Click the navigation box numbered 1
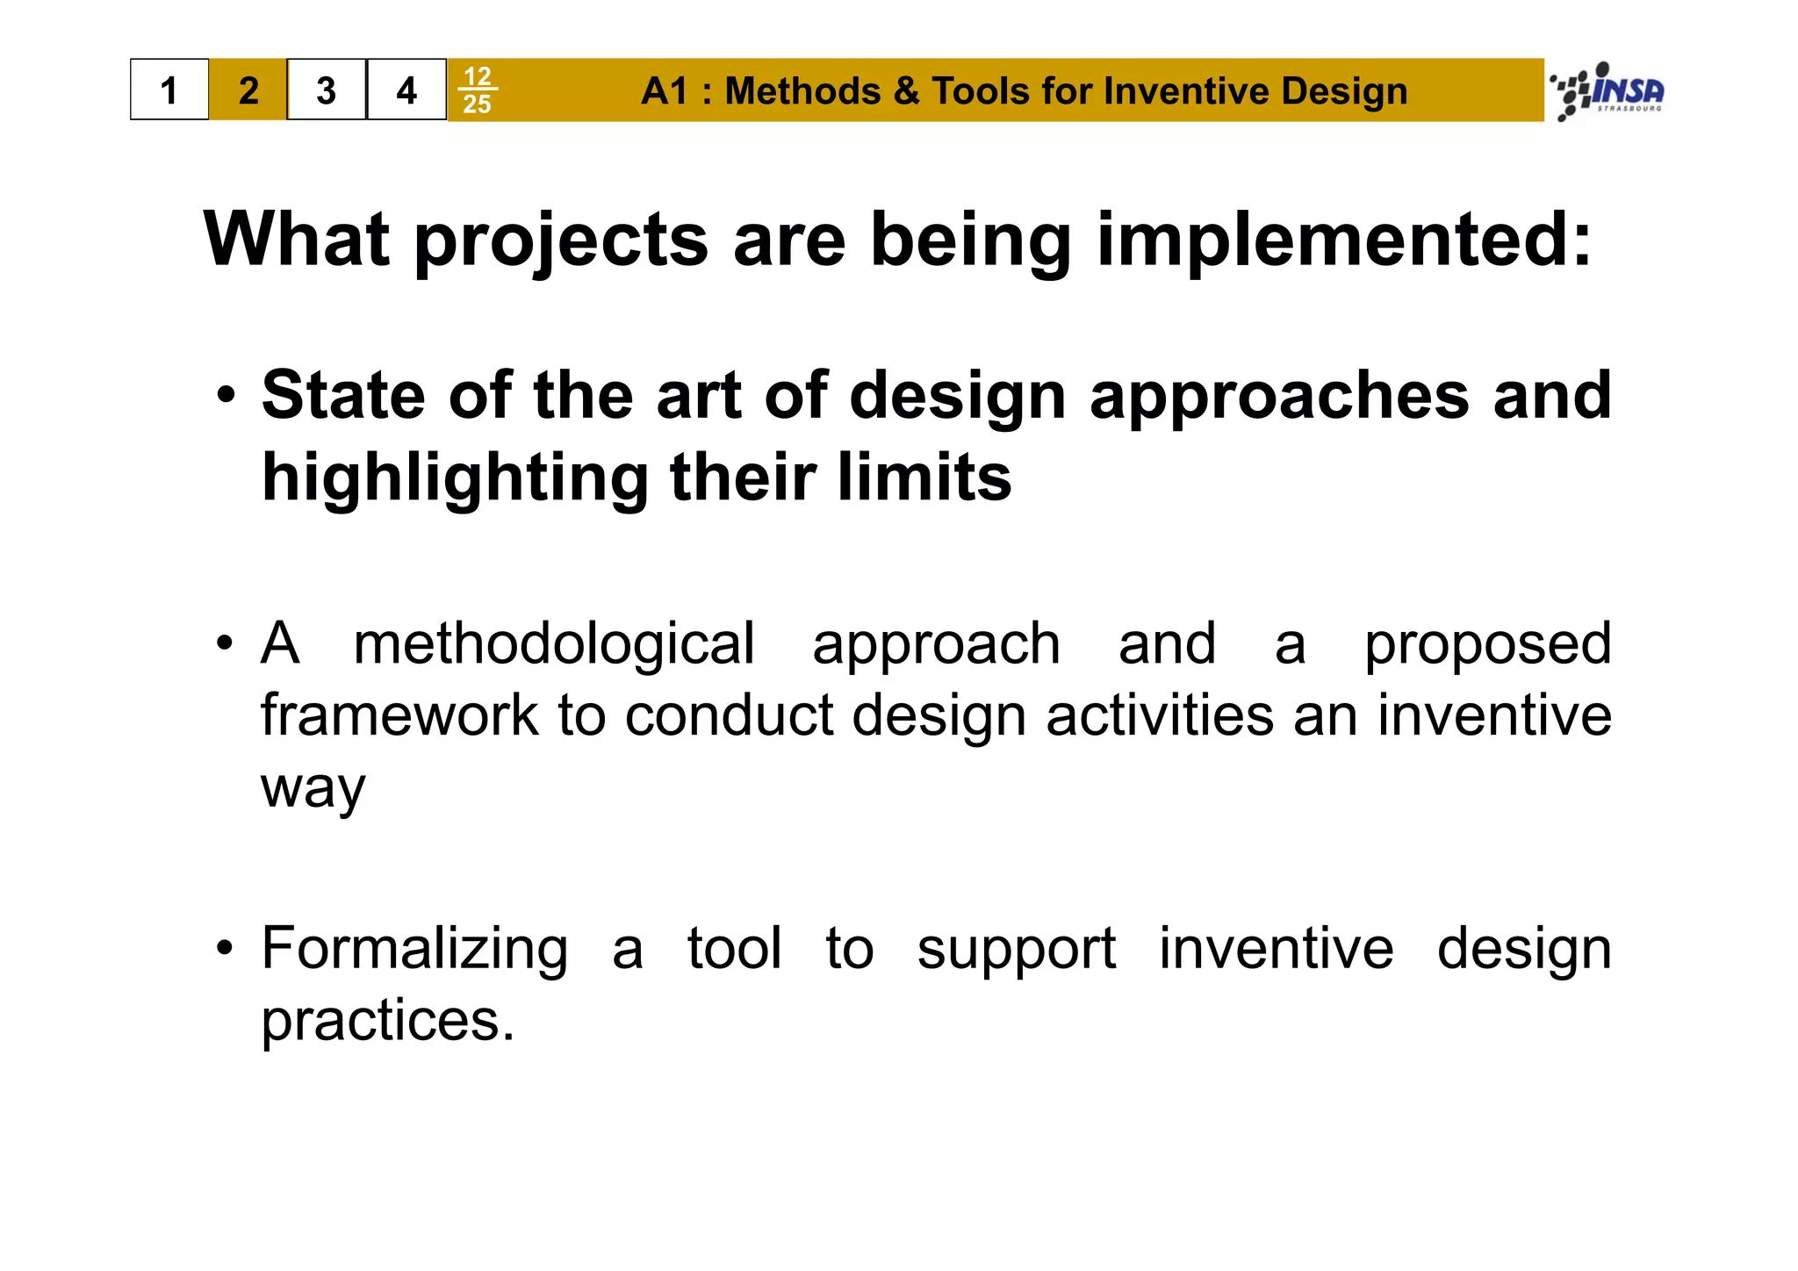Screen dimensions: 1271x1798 pyautogui.click(x=169, y=90)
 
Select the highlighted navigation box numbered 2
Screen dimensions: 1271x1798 pyautogui.click(x=248, y=90)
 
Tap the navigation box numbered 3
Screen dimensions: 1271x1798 pyautogui.click(x=327, y=90)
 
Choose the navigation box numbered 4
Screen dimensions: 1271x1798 pyautogui.click(x=406, y=90)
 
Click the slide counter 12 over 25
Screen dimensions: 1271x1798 pyautogui.click(x=477, y=90)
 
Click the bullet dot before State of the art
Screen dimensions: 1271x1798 pyautogui.click(x=227, y=396)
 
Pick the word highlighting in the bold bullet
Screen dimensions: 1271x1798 pyautogui.click(x=454, y=478)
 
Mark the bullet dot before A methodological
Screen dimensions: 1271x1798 pyautogui.click(x=227, y=643)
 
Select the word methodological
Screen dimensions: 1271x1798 pyautogui.click(x=553, y=643)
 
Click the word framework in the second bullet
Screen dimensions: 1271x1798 pyautogui.click(x=399, y=714)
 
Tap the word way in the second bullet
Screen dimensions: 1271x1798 pyautogui.click(x=313, y=788)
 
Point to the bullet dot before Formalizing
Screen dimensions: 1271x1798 pyautogui.click(x=227, y=949)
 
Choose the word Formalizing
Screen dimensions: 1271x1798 pyautogui.click(x=414, y=949)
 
